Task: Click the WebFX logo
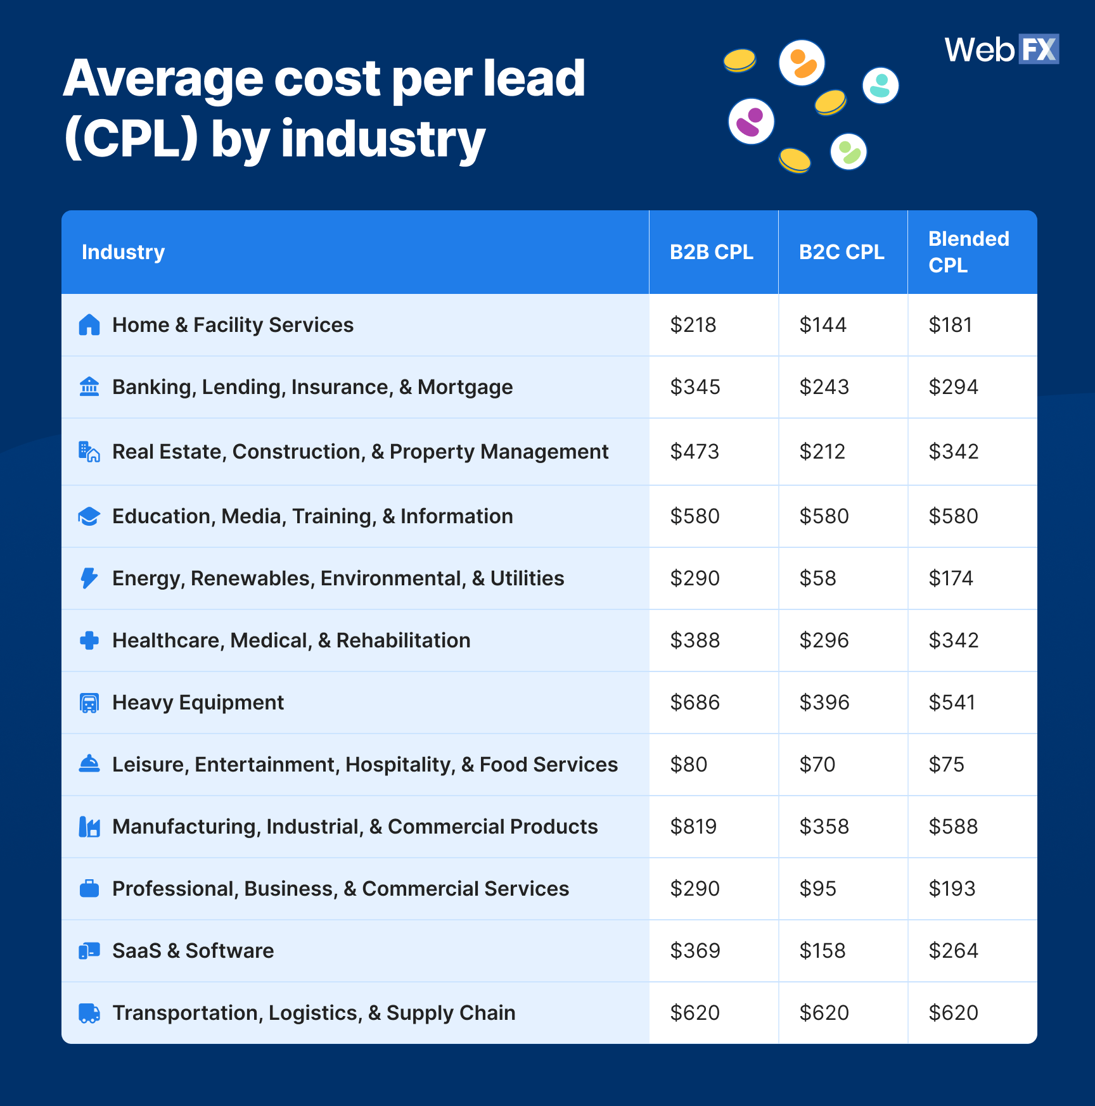(1001, 49)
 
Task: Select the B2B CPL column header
(711, 252)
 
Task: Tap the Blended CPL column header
(968, 252)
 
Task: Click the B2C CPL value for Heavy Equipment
(824, 702)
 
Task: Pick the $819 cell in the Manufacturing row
(693, 827)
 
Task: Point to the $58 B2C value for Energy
(817, 578)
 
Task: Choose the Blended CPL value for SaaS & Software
(953, 951)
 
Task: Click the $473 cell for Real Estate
(695, 452)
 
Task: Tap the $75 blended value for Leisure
(946, 765)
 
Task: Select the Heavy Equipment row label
(198, 702)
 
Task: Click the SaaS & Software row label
(193, 951)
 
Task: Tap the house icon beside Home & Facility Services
(89, 325)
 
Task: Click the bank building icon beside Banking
(89, 386)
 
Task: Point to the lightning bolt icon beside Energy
(89, 578)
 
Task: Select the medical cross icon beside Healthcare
(89, 640)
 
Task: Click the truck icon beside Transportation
(89, 1013)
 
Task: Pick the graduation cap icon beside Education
(89, 516)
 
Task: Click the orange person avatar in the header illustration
(802, 63)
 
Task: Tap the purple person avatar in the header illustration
(751, 121)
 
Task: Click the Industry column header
(123, 252)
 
